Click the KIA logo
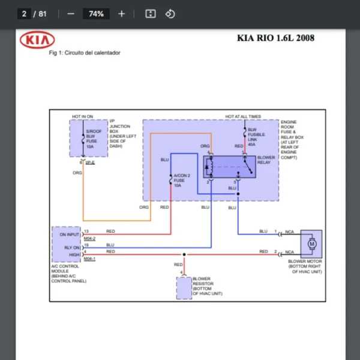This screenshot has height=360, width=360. point(37,40)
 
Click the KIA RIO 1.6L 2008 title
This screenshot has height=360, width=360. point(275,38)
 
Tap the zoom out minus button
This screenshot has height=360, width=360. point(71,13)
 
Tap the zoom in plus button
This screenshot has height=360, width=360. point(122,13)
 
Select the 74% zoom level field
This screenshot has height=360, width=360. point(96,13)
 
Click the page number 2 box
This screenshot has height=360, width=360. point(25,13)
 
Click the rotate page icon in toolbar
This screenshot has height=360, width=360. point(170,13)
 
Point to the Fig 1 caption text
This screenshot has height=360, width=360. point(85,53)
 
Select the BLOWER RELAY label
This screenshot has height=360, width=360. point(266,160)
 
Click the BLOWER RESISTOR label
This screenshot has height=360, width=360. point(207,286)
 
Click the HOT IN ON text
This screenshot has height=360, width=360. point(83,116)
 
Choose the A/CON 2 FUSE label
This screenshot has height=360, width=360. point(182,181)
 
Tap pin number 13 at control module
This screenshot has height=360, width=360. point(86,231)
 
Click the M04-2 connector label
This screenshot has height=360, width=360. point(90,238)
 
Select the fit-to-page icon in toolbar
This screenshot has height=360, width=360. point(151,13)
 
